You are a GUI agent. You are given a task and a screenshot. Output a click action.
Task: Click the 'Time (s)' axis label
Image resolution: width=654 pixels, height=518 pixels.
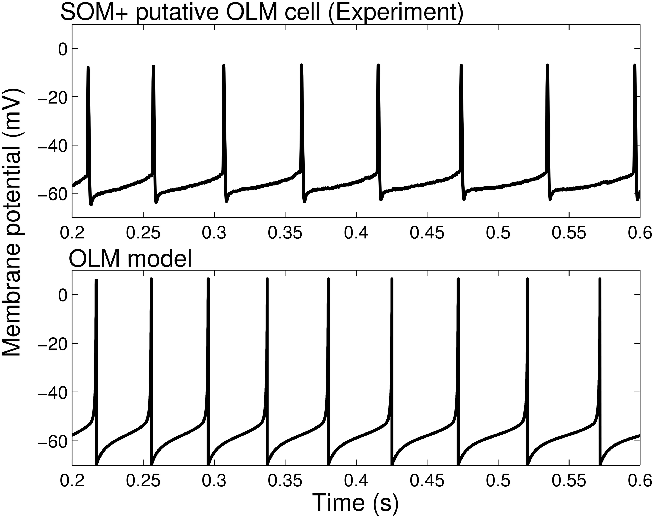[355, 503]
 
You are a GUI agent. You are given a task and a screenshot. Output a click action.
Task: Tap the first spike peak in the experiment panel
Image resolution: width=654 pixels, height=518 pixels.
[88, 67]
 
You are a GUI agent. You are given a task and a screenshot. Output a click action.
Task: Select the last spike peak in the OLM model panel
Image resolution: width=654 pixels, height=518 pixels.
[599, 279]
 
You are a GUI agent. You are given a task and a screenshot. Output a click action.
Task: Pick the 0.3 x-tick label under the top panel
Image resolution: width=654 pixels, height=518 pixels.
[214, 233]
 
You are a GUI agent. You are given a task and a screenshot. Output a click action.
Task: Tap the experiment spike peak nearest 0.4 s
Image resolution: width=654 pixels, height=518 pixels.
[378, 65]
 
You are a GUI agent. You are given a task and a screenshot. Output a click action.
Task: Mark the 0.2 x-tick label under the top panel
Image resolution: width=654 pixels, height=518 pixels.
[72, 233]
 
